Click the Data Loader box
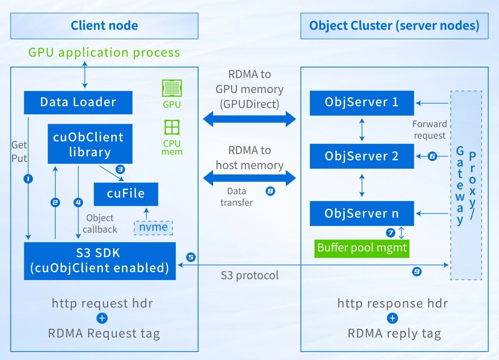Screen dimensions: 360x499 78,103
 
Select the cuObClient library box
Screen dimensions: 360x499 90,144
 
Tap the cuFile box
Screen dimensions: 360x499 126,194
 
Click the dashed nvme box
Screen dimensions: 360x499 153,227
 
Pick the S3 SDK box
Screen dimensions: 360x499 100,261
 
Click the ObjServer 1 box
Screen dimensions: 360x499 361,103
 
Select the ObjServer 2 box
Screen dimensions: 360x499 361,156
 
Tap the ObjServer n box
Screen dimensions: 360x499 361,213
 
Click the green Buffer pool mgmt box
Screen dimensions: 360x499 362,248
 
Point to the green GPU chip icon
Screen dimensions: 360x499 172,88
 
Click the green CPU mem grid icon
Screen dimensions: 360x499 172,128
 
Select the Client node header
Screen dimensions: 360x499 104,26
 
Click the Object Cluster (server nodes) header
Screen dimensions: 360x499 394,26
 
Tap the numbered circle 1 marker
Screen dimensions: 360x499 28,179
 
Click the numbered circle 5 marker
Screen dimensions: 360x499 191,257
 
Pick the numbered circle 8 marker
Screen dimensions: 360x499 270,191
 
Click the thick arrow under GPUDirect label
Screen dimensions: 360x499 249,119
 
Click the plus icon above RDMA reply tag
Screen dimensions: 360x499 392,318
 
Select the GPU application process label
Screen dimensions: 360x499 104,53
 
